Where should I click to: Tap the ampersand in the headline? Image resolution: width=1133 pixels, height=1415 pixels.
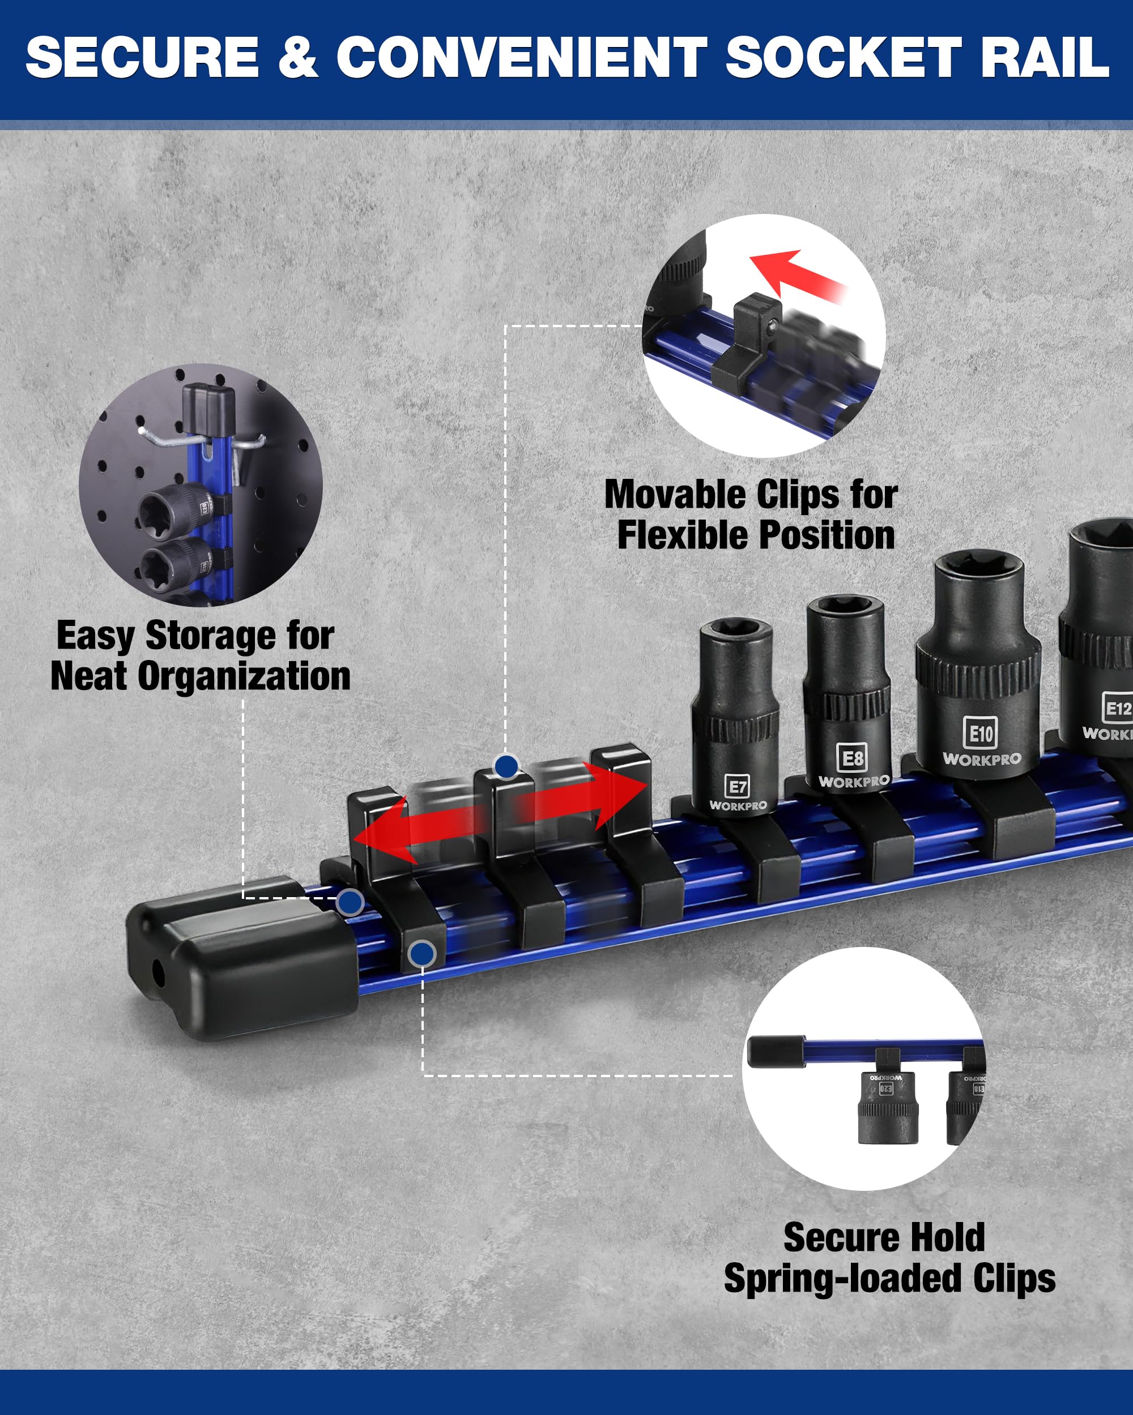(297, 58)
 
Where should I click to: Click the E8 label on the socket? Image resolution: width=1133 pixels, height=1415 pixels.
(852, 758)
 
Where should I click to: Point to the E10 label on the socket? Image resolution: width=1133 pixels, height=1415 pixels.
(981, 733)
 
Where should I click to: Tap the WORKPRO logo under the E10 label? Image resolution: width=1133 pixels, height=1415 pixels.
(981, 760)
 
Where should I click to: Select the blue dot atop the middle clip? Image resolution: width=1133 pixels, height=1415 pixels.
(506, 766)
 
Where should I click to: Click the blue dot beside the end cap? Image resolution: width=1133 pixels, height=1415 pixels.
(350, 902)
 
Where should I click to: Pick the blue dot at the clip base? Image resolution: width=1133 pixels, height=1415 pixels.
(421, 954)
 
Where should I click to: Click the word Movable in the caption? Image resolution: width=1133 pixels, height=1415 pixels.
(676, 495)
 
